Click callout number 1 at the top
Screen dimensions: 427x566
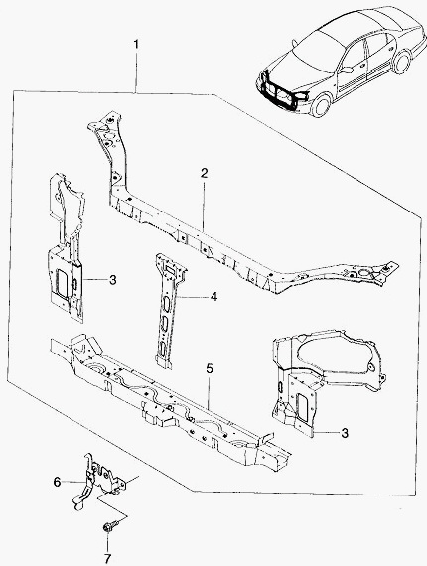[x=136, y=45]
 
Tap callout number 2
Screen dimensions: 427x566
[x=205, y=173]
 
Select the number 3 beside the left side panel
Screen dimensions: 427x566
[x=113, y=280]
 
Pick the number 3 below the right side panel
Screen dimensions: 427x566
[x=345, y=433]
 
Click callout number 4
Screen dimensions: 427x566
[x=213, y=297]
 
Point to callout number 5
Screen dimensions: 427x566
[x=210, y=369]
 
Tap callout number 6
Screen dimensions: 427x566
[x=57, y=482]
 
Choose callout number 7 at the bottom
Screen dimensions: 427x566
[x=107, y=559]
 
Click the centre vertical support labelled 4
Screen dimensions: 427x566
[x=168, y=311]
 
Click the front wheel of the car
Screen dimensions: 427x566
[x=321, y=105]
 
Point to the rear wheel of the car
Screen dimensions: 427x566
[x=402, y=63]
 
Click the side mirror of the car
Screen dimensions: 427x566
[x=346, y=70]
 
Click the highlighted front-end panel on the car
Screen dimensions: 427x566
[x=279, y=89]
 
